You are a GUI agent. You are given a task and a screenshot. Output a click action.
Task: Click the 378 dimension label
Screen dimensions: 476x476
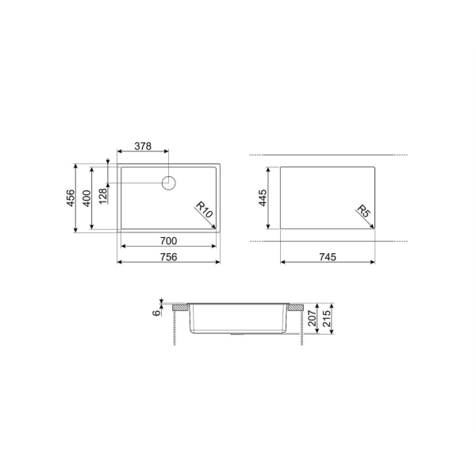coord(143,146)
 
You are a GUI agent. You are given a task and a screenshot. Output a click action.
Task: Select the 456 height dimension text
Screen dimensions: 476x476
coord(71,198)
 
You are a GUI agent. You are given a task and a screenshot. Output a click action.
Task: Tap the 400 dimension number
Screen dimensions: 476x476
coord(86,198)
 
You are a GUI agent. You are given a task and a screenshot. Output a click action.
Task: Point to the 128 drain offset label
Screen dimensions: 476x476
coord(103,196)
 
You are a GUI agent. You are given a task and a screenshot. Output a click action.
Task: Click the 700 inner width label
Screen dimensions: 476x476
coord(168,241)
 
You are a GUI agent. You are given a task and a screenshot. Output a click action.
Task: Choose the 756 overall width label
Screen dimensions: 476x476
coord(168,257)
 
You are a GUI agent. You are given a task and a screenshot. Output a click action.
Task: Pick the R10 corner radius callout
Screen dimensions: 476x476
coord(204,209)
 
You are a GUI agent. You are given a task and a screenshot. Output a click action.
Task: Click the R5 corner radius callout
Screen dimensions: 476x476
coord(363,211)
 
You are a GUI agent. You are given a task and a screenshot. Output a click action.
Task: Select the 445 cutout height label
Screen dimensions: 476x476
coord(263,198)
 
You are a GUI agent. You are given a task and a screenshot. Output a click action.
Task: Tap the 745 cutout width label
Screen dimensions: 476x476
coord(328,257)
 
